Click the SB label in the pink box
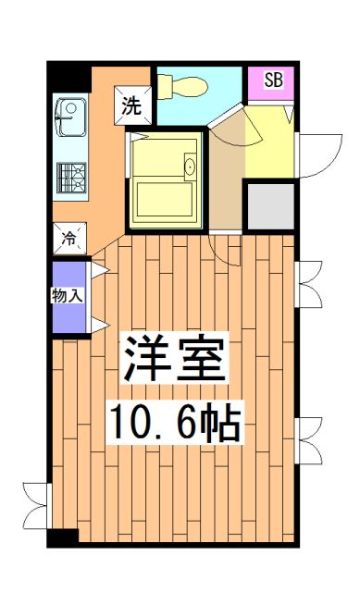click(274, 80)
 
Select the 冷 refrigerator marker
click(69, 237)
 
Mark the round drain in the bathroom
click(191, 166)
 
